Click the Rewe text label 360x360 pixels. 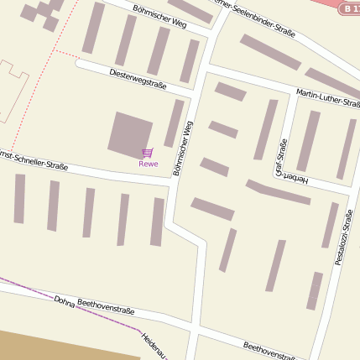[148, 164]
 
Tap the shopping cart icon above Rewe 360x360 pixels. [148, 153]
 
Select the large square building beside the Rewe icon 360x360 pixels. [130, 133]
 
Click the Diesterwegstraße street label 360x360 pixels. [138, 79]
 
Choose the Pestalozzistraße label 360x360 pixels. [343, 239]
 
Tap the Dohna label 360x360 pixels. [64, 301]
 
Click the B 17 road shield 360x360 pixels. [349, 8]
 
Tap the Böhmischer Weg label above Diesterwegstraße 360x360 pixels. [164, 15]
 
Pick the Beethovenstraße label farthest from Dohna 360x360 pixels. [269, 351]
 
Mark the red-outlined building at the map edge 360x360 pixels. [12, 92]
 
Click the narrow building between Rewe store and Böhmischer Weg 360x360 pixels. [174, 123]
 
